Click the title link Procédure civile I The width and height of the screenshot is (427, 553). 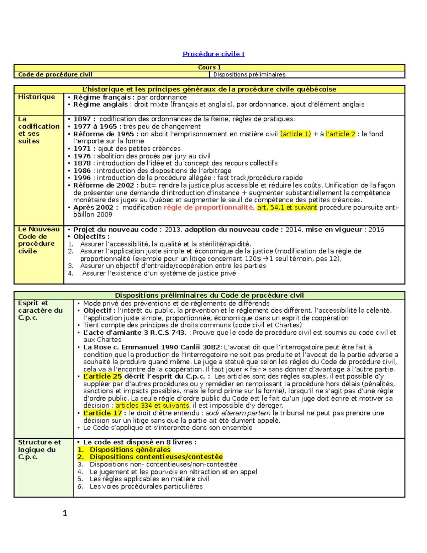213,54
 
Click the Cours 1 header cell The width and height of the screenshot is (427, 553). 209,67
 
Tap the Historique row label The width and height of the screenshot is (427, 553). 37,97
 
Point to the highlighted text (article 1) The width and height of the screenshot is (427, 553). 295,134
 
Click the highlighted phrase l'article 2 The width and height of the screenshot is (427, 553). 340,134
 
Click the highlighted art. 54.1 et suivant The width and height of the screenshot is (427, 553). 287,207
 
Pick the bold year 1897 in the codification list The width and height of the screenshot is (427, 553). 82,119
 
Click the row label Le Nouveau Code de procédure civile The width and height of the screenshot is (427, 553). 38,240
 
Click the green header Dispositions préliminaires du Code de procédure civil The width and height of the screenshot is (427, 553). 209,295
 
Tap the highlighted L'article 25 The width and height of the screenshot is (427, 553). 102,376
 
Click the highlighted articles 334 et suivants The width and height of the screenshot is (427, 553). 152,406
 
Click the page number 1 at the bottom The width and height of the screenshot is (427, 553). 65,513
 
